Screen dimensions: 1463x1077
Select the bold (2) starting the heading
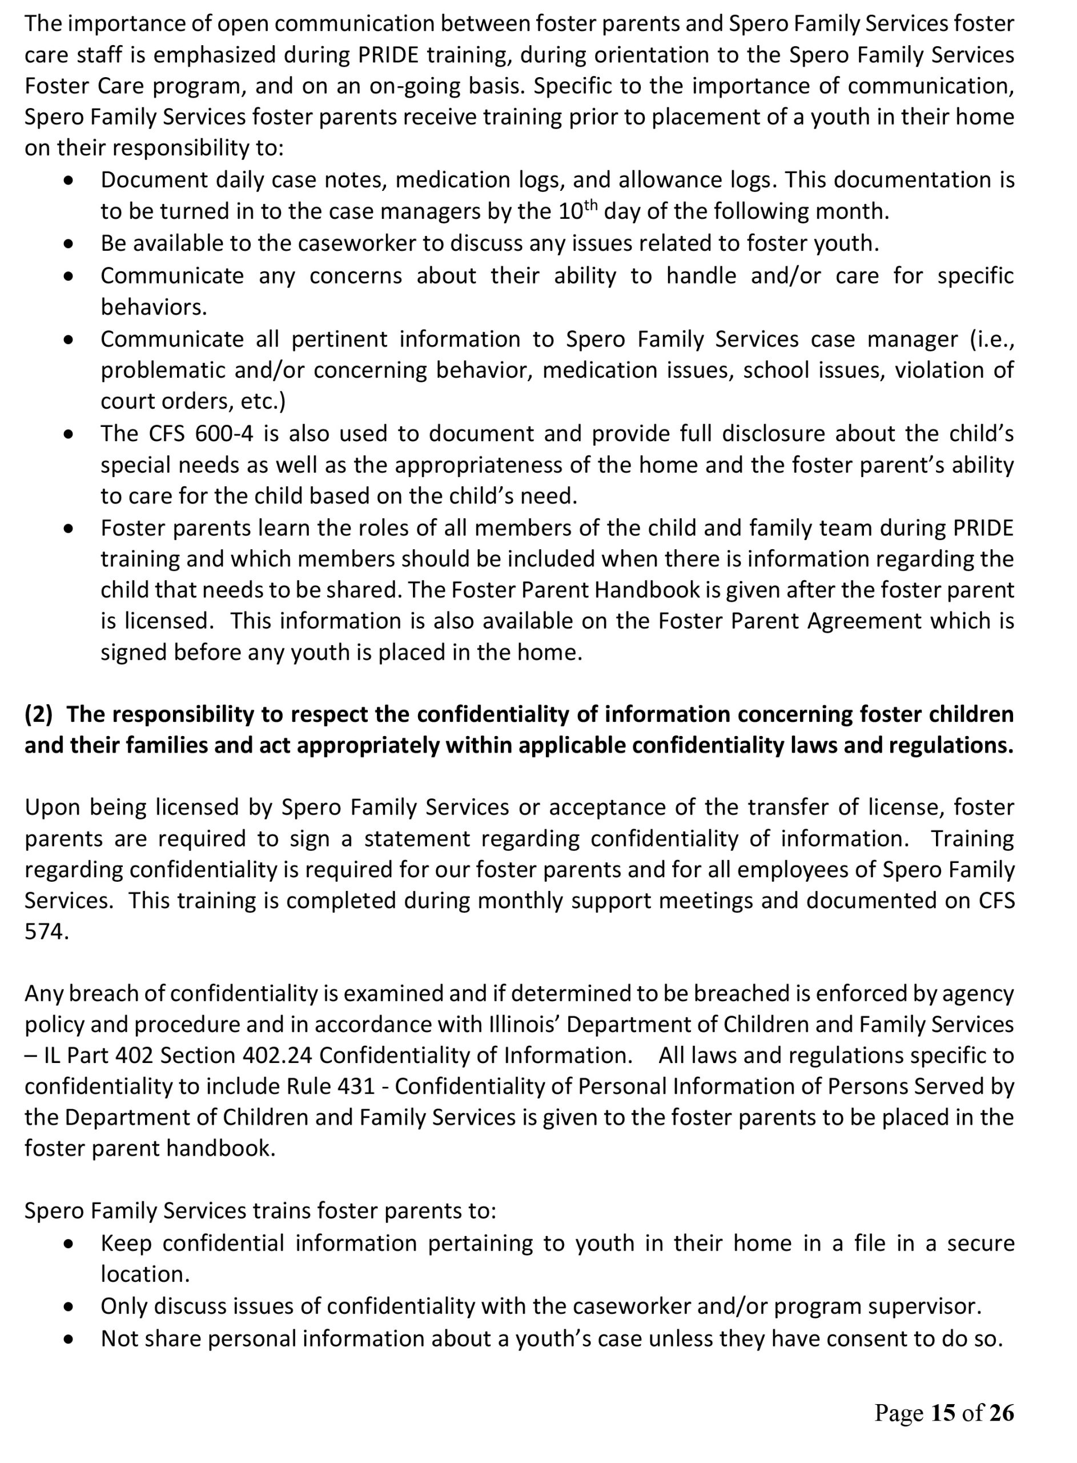pyautogui.click(x=38, y=714)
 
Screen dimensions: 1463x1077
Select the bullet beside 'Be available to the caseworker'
pyautogui.click(x=69, y=244)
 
